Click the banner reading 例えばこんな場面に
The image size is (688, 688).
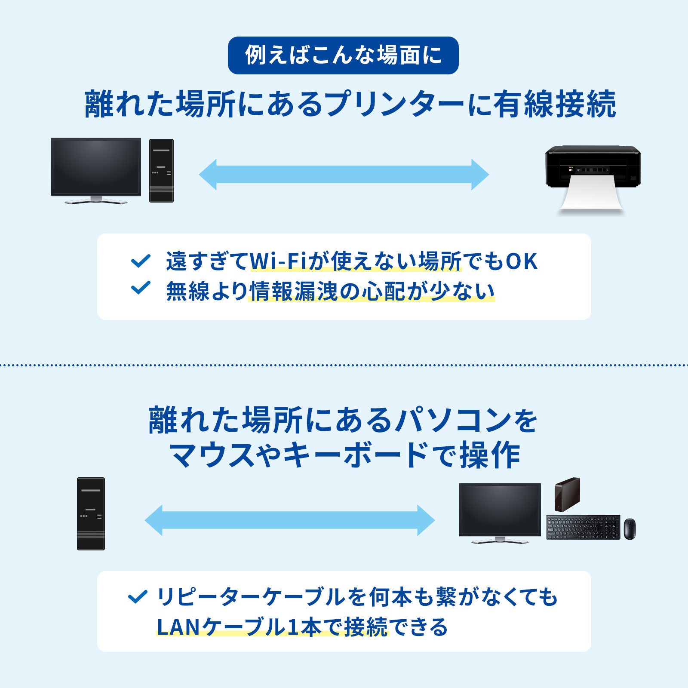[343, 55]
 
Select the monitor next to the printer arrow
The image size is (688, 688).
[96, 168]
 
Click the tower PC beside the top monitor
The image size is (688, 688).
[161, 170]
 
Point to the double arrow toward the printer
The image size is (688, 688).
[344, 175]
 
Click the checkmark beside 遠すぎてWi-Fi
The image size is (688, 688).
[141, 261]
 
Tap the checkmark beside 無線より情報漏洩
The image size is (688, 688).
[141, 288]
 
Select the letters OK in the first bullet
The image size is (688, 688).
[521, 261]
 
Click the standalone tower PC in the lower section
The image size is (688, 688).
[91, 513]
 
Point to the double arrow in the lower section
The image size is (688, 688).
[290, 520]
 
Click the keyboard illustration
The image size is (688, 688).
[583, 527]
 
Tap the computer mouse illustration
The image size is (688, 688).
[629, 528]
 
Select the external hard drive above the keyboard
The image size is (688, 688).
[567, 494]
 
